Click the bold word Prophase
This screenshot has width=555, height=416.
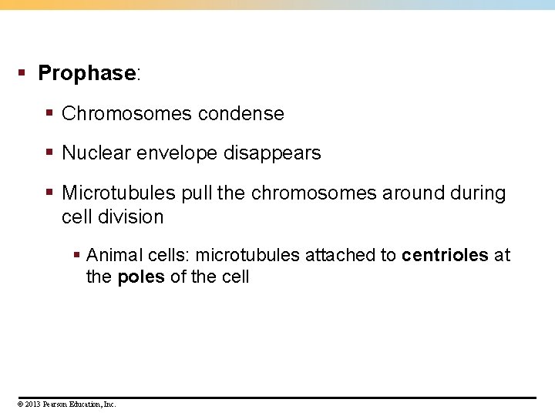(x=86, y=74)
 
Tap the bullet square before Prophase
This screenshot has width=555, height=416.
(x=22, y=73)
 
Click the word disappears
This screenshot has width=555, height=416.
(x=272, y=153)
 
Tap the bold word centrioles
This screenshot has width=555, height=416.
(x=446, y=255)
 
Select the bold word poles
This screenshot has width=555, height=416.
(x=141, y=277)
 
